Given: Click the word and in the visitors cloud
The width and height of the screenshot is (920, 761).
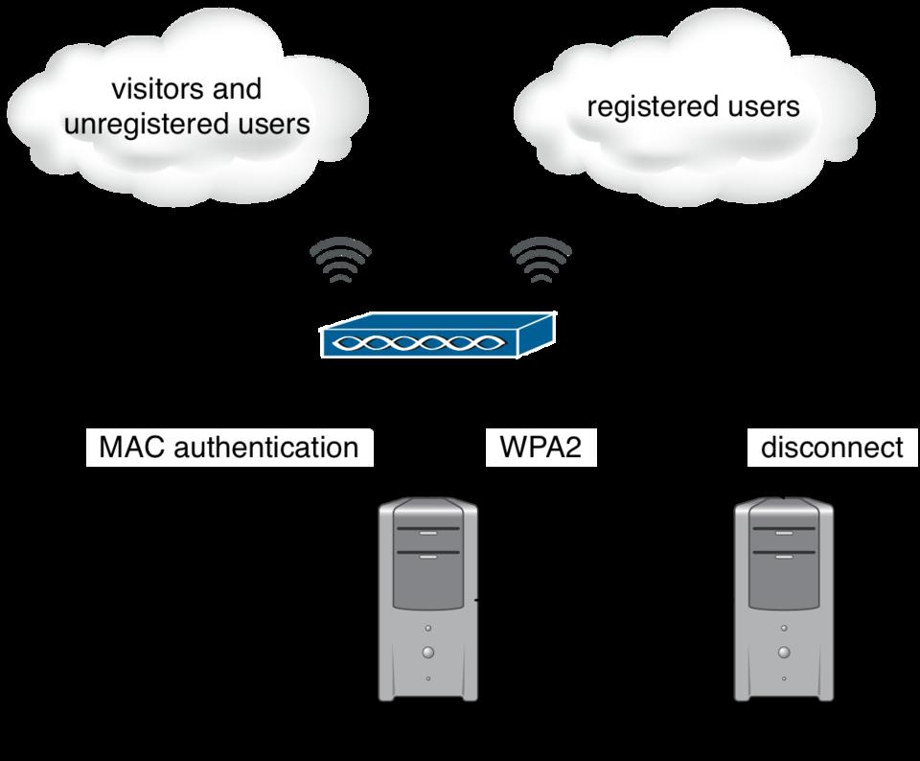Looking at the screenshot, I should coord(237,89).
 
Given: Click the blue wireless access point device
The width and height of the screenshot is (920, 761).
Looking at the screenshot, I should coord(439,337).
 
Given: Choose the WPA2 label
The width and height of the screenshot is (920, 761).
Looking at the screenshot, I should coord(540,447).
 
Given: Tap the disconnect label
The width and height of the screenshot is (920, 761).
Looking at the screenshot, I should coord(831,447).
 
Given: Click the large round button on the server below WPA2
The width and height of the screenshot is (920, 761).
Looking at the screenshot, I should coord(427,652).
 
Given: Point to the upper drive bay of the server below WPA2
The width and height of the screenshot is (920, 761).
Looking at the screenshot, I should coord(427,533).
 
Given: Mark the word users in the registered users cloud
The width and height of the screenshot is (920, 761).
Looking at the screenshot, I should coord(761,106).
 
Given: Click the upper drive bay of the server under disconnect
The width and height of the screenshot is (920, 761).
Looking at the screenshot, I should coord(784,533).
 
